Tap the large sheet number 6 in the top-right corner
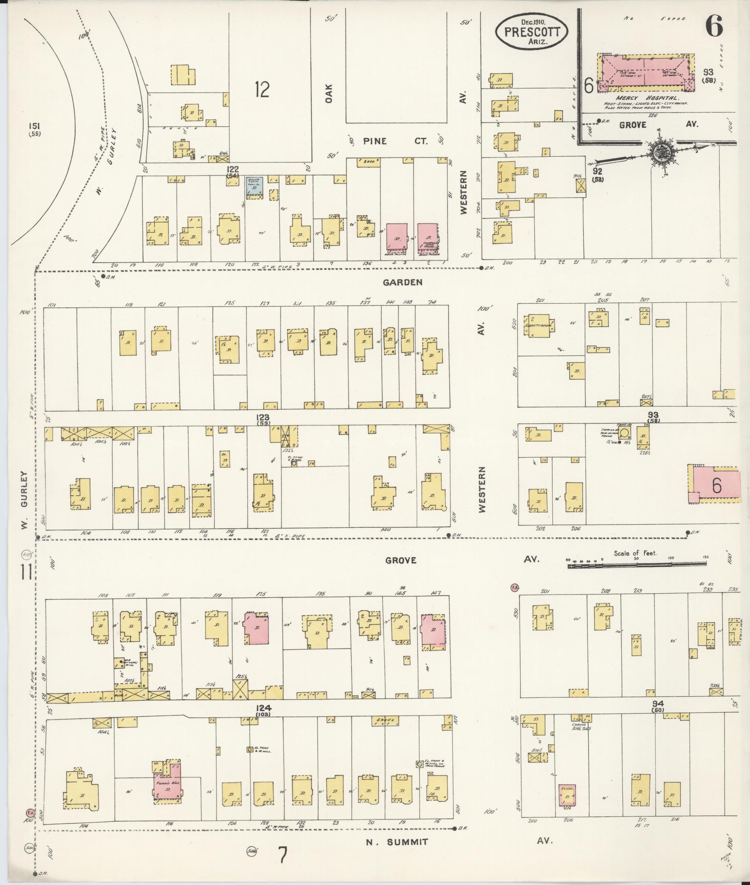714,26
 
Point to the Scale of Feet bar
636,563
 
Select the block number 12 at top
261,89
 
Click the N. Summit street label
397,842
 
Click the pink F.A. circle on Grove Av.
514,588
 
